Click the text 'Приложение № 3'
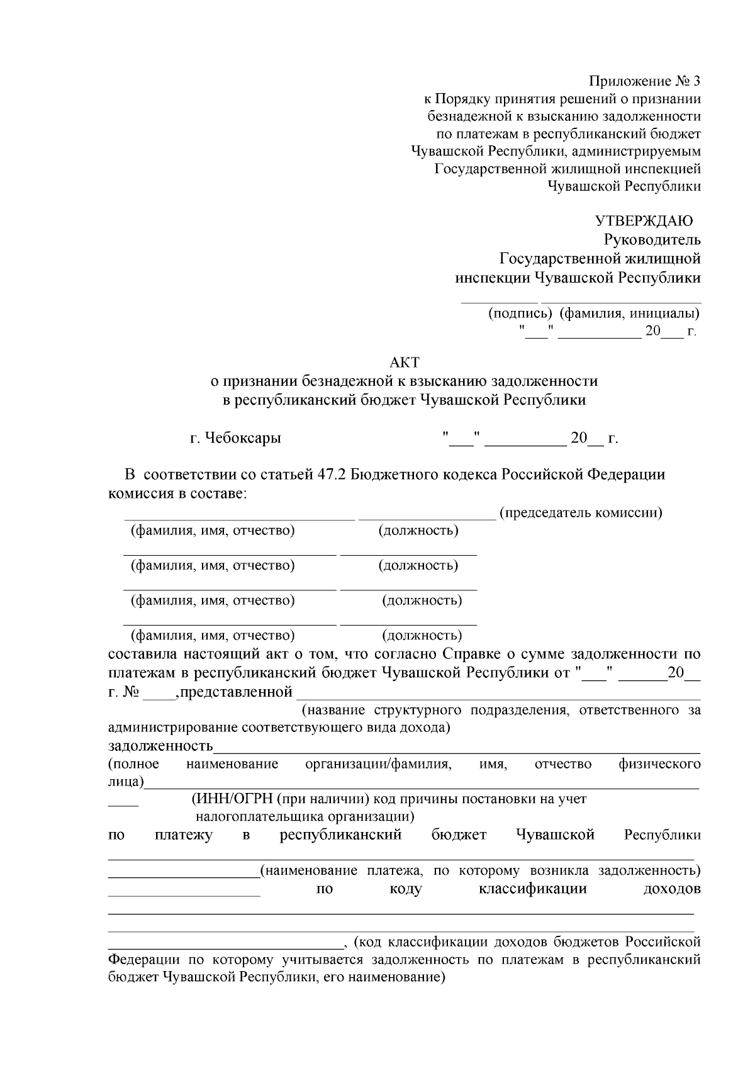pyautogui.click(x=644, y=81)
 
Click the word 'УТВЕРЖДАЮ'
pyautogui.click(x=644, y=221)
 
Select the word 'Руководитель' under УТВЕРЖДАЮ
pyautogui.click(x=652, y=240)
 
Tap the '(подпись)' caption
pyautogui.click(x=520, y=313)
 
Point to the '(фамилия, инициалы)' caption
pyautogui.click(x=629, y=313)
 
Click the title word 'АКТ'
pyautogui.click(x=404, y=363)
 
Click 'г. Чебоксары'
pyautogui.click(x=235, y=438)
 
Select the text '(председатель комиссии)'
pyautogui.click(x=580, y=512)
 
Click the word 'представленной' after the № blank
pyautogui.click(x=237, y=693)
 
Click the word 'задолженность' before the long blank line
pyautogui.click(x=160, y=746)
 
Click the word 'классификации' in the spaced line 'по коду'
pyautogui.click(x=532, y=889)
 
